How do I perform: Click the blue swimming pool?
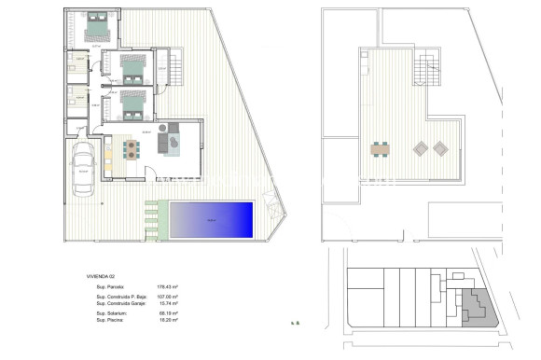[x=213, y=219]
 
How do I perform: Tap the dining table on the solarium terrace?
[x=381, y=148]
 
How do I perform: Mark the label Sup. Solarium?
[x=112, y=314]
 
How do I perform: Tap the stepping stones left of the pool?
[x=151, y=220]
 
